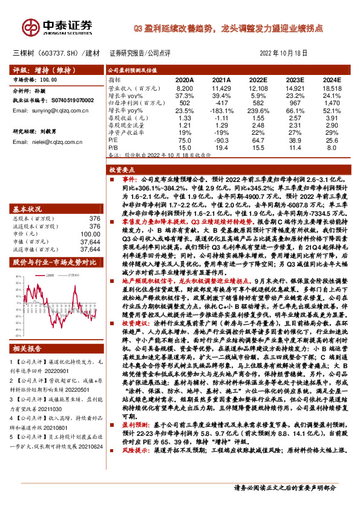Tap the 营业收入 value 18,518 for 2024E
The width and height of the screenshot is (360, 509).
332,88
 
